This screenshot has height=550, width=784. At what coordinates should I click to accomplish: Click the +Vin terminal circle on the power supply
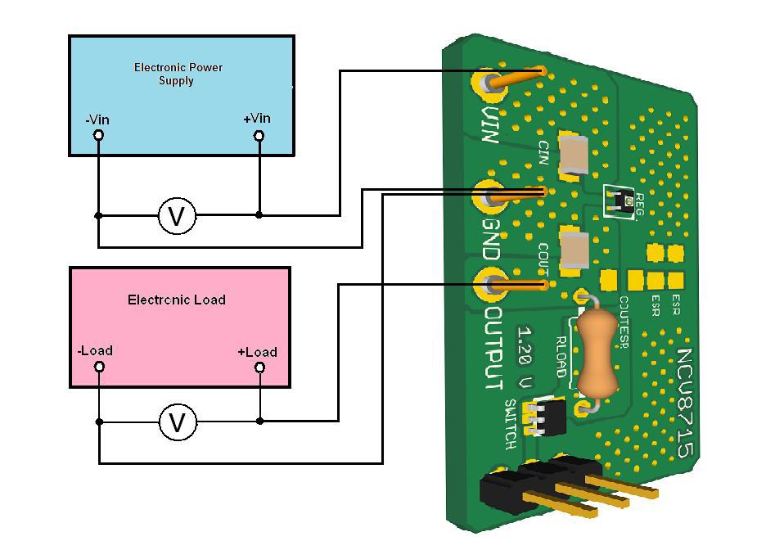259,136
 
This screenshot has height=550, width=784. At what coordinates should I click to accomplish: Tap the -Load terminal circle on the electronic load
99,367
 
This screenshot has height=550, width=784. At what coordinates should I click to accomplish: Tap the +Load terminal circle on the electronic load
260,368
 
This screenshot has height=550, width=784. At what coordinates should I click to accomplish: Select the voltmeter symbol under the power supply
176,216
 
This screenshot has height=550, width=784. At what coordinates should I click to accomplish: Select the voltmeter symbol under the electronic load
176,422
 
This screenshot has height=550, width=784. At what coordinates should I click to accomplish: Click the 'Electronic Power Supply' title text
178,74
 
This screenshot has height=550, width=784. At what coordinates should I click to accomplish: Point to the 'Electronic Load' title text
176,300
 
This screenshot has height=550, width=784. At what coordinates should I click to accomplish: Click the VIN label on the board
490,124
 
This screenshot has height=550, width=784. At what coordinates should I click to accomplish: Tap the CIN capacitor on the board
571,156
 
